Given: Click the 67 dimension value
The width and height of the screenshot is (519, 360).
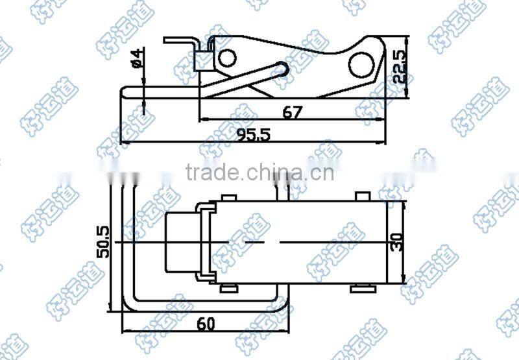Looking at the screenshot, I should point(293,112).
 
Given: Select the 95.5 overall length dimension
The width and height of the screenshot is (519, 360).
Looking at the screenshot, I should point(252,135).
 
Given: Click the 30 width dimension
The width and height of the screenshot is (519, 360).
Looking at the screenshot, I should point(397,241).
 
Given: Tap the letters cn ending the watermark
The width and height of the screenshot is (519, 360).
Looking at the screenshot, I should point(325,173).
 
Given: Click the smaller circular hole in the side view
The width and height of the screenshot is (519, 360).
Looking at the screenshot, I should point(226,58).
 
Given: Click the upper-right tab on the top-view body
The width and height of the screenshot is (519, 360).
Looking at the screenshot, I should point(361,195).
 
